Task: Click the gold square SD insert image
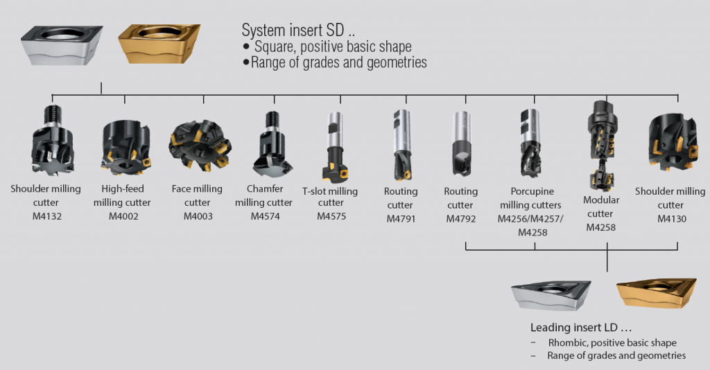159,44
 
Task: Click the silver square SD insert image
62,45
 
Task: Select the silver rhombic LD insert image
551,295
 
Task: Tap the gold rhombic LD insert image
657,293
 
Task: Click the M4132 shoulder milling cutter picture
52,140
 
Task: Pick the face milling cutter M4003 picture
200,146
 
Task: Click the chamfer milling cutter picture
272,144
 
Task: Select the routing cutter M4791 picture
401,146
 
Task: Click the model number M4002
123,216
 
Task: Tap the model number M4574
266,216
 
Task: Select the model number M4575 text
331,216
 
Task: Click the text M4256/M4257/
530,219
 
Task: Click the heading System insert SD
298,30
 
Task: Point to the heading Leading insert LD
581,327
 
